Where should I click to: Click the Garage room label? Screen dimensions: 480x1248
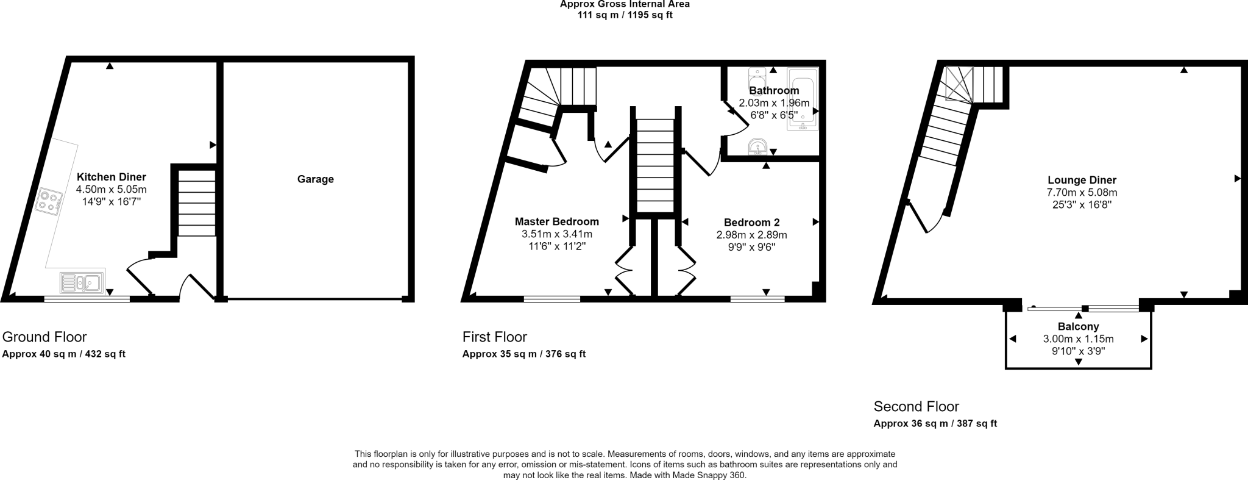pos(315,179)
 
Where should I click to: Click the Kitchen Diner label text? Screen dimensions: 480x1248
pos(111,177)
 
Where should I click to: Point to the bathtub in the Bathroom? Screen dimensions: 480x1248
pos(803,99)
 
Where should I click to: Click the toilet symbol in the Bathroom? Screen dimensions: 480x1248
pos(757,79)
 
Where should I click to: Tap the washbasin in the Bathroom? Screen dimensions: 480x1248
pos(757,146)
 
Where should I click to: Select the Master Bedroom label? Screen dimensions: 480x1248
pos(556,222)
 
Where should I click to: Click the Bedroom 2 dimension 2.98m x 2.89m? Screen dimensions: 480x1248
pos(751,235)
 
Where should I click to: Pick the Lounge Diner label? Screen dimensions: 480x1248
pos(1082,180)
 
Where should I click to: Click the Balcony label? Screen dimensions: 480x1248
pos(1078,326)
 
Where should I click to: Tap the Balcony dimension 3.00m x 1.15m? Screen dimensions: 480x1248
pos(1078,339)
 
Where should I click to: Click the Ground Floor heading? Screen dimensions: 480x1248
pos(44,337)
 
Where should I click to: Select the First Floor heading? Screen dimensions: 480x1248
pos(494,337)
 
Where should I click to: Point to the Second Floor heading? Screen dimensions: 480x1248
pos(916,406)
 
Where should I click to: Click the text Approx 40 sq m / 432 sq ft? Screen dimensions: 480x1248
pos(64,354)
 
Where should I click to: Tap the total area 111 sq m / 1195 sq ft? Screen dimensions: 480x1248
pos(625,15)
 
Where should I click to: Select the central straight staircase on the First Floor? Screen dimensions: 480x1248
pos(655,165)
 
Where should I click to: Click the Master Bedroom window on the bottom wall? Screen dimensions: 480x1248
pos(551,299)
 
